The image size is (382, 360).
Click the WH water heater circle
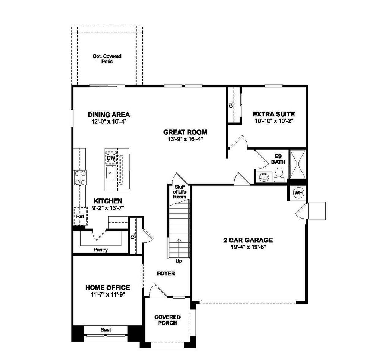click(298, 193)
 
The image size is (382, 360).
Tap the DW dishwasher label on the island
click(110, 158)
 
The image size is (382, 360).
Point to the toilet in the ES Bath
click(279, 173)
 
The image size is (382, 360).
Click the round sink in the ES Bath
click(264, 177)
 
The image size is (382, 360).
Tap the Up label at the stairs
click(179, 261)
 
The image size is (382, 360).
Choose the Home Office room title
click(108, 288)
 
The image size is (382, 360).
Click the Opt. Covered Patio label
click(107, 59)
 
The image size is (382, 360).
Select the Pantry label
click(101, 250)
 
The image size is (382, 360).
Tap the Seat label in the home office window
click(106, 330)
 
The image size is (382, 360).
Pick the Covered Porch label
click(167, 320)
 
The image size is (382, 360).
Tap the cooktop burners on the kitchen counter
click(80, 178)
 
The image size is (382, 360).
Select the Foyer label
click(166, 273)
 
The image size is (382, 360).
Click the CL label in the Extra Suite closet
click(231, 105)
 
